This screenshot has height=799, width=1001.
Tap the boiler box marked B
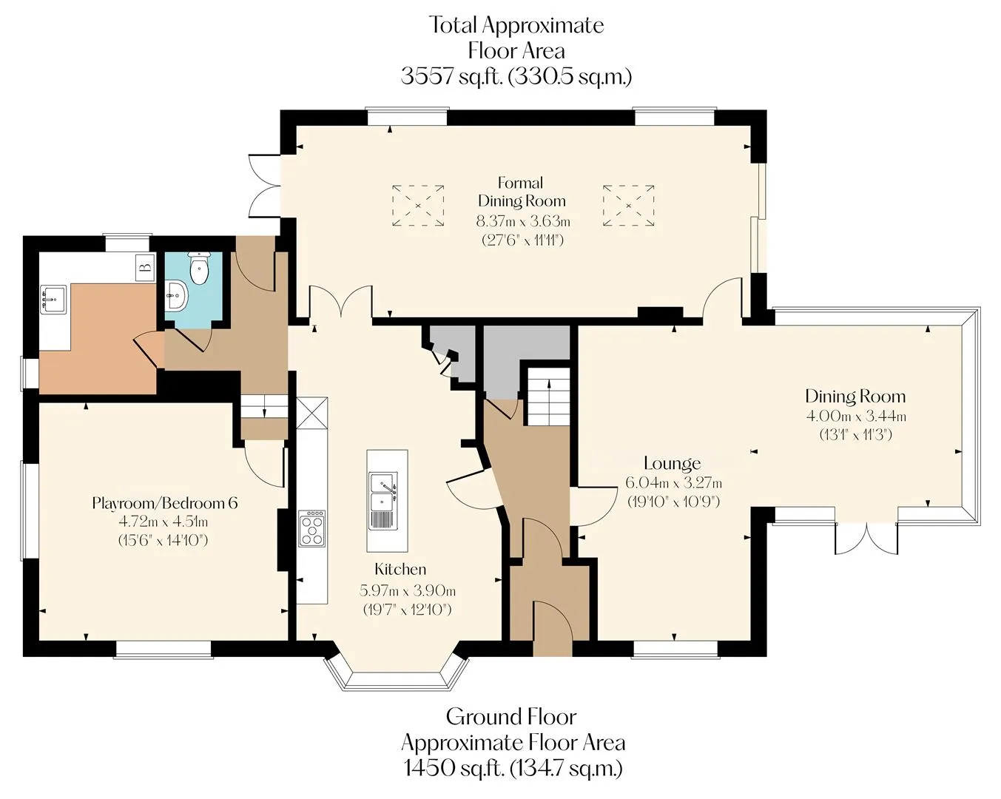tap(145, 267)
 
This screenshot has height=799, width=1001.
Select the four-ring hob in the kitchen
tap(312, 528)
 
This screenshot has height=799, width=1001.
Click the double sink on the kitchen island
tap(384, 501)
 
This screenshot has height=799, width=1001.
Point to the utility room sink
tap(53, 299)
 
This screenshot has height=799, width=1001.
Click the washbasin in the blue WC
tap(176, 295)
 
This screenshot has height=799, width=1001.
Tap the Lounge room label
tap(672, 463)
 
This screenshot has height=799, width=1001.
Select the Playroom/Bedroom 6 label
tap(165, 503)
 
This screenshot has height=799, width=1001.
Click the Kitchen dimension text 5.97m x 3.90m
tap(408, 591)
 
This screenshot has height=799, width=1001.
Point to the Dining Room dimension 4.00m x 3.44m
tap(856, 415)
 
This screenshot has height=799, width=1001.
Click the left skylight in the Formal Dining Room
tap(418, 206)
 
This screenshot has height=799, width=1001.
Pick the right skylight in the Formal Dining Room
tap(628, 206)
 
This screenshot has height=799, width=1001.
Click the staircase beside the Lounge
tap(548, 396)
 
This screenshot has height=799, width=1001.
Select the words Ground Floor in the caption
tap(511, 717)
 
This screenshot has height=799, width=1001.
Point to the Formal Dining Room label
tap(522, 192)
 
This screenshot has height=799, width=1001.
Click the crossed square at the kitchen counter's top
tap(312, 413)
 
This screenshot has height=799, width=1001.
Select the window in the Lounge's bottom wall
tap(675, 650)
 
